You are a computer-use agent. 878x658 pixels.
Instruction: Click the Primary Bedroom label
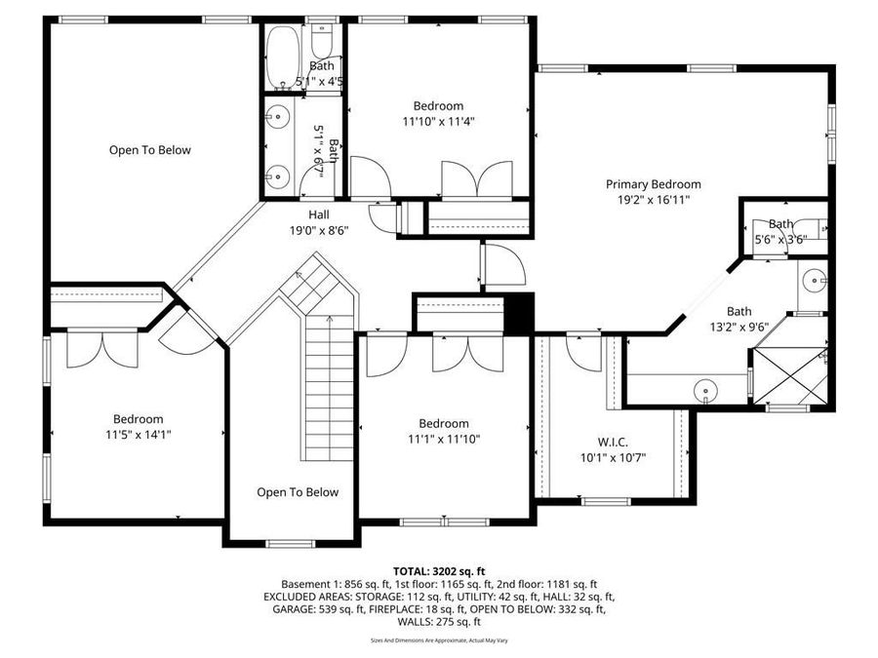653,184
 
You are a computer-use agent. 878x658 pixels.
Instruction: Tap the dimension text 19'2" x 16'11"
653,200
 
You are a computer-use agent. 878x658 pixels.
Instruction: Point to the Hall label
319,214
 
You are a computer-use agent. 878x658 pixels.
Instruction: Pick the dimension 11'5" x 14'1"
138,435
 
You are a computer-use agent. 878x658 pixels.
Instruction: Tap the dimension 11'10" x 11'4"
438,122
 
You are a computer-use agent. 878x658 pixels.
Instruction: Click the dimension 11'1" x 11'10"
444,439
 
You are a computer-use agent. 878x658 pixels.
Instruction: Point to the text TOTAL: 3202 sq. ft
439,570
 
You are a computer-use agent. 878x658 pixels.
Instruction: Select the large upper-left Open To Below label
149,150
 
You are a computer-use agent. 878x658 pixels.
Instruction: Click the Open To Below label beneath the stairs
298,492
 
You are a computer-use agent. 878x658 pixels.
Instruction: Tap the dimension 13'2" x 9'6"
738,328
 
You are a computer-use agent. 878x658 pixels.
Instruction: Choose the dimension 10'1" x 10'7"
614,457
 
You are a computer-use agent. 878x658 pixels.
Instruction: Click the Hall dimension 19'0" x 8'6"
319,231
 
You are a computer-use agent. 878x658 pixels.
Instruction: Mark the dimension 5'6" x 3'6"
781,239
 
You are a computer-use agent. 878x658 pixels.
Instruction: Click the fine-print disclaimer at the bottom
439,640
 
